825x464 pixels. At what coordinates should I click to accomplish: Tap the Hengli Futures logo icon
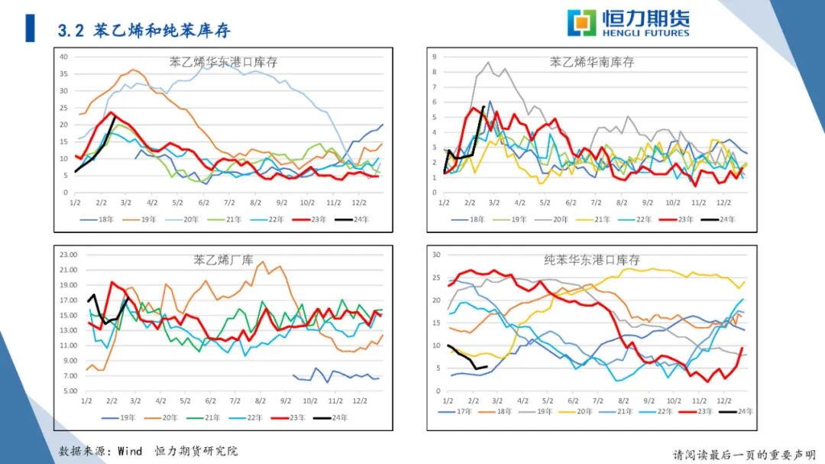(x=581, y=22)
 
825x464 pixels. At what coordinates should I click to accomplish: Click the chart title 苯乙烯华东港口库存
(x=223, y=62)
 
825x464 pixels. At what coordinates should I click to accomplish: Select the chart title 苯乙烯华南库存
(x=592, y=62)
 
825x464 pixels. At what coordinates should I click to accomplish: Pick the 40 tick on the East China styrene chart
(x=64, y=57)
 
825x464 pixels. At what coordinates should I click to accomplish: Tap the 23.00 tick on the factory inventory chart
(x=69, y=255)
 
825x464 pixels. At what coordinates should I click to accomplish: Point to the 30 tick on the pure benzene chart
(x=436, y=255)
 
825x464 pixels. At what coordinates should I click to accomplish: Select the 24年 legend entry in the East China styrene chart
(x=354, y=219)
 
